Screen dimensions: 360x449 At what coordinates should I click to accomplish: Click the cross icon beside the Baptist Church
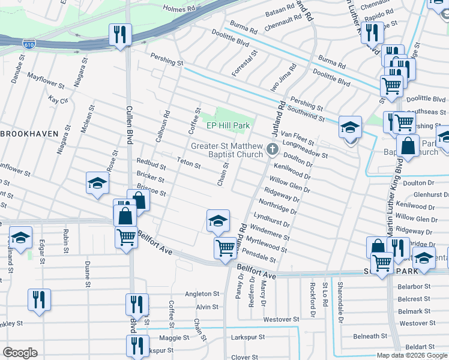click(x=272, y=148)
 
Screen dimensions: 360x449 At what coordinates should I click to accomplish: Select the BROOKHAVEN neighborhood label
click(x=29, y=134)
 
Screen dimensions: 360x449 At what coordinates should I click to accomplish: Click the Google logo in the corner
click(x=20, y=353)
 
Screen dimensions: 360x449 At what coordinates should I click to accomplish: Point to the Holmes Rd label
click(x=181, y=10)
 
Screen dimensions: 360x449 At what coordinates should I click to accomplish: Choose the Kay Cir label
click(x=59, y=100)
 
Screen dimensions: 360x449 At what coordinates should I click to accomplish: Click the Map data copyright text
click(x=412, y=355)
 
